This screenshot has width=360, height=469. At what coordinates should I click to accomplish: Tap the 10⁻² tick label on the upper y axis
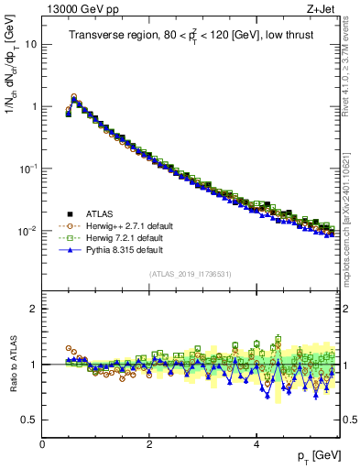(30, 231)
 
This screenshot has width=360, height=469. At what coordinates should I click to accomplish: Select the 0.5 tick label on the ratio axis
(29, 420)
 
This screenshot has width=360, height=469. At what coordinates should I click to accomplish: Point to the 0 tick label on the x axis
(42, 443)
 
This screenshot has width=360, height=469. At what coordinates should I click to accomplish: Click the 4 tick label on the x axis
(256, 443)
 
